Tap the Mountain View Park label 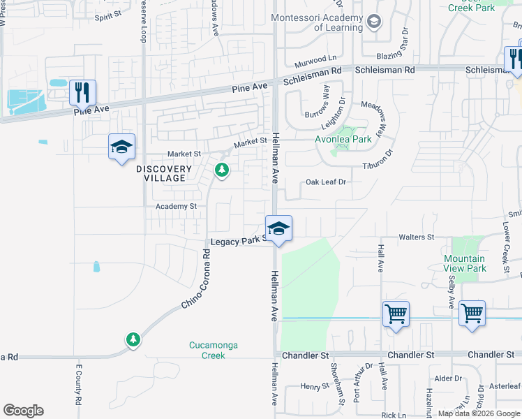click(x=465, y=263)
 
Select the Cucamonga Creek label click(x=207, y=350)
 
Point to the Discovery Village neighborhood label click(x=163, y=173)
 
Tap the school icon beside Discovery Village click(x=121, y=147)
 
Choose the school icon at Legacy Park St click(x=278, y=228)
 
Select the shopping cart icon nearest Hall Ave click(x=396, y=315)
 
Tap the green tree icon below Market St click(x=222, y=170)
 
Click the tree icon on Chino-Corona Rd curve click(x=133, y=339)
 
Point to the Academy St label click(x=176, y=207)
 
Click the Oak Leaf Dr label click(x=326, y=182)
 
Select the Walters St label click(x=416, y=237)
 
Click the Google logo click(x=23, y=411)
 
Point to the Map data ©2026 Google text click(x=478, y=413)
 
